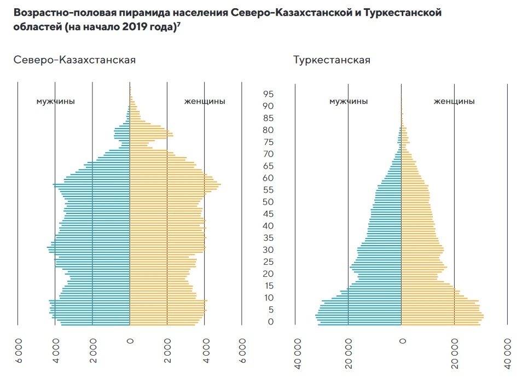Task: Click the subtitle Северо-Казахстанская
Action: (74, 60)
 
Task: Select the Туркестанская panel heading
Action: (332, 60)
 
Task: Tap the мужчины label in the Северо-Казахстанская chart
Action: (56, 101)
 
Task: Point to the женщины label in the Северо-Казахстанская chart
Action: (205, 101)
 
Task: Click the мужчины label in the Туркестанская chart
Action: (349, 101)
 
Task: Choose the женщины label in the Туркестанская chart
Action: (454, 101)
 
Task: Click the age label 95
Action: (268, 94)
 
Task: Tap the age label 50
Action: (268, 202)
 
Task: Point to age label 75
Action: (268, 142)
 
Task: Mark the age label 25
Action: (268, 262)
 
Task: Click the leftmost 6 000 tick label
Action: (18, 351)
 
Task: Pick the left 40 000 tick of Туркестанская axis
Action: (295, 353)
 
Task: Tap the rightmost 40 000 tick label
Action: (508, 353)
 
